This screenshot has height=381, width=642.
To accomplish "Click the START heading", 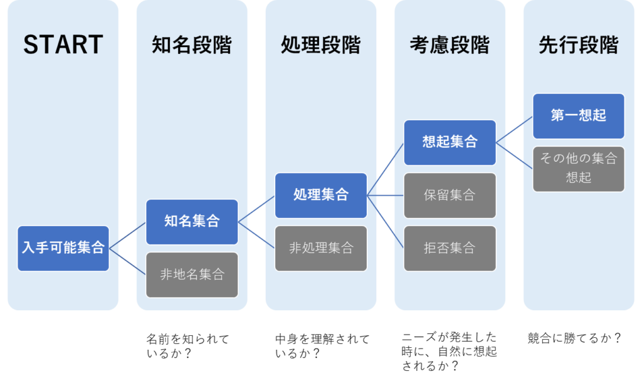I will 63,45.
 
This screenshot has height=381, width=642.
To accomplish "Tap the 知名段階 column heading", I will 192,45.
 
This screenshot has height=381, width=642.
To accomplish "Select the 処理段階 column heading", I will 320,45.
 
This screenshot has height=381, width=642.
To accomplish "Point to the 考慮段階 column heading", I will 450,45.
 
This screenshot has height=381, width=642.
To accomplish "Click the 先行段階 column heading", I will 578,45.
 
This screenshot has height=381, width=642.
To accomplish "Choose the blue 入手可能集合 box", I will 63,248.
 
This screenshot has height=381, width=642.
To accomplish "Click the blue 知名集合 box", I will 192,222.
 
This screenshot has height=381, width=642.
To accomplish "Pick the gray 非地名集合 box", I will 192,274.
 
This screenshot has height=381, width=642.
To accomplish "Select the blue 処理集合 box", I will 321,196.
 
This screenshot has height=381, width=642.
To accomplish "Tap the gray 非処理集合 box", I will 321,248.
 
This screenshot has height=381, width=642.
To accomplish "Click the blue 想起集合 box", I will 450,143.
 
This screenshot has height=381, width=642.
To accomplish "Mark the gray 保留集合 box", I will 450,196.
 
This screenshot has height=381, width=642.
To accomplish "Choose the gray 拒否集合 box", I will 450,248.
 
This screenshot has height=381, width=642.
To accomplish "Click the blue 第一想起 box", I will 578,116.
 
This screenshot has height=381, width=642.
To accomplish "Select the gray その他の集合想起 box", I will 578,169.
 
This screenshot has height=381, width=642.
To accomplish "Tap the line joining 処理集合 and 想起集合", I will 386,169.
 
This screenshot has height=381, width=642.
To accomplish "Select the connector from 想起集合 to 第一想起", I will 514,130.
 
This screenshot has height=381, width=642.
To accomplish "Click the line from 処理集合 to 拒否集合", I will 386,221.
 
